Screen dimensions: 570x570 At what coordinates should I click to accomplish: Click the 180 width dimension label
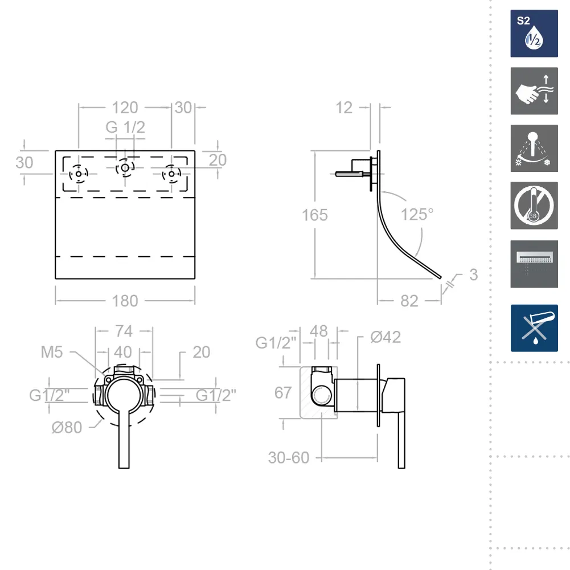(x=125, y=301)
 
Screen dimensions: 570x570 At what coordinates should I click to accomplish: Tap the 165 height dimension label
(x=315, y=215)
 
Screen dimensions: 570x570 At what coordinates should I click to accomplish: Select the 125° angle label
(x=417, y=215)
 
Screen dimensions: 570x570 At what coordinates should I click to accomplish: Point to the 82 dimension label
(x=409, y=301)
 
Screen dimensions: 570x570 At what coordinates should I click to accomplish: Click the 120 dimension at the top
(x=125, y=108)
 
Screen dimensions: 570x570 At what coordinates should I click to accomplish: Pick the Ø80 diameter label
(x=67, y=428)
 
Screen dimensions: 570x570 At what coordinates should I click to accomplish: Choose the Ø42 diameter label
(x=386, y=337)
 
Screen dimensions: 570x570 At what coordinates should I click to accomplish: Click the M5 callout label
(x=52, y=352)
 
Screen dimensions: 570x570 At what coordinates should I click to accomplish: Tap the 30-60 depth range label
(x=289, y=458)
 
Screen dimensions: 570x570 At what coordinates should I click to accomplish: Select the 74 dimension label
(x=124, y=331)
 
